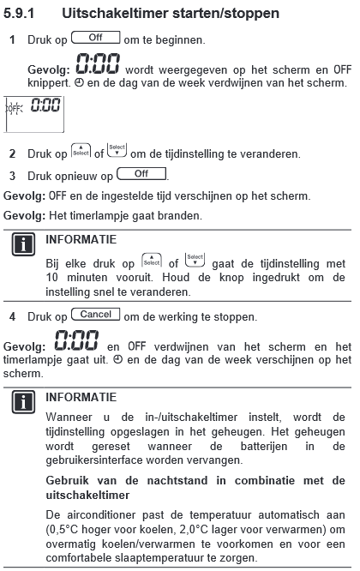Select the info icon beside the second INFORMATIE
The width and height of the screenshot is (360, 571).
click(19, 403)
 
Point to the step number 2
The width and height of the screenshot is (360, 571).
click(12, 154)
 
